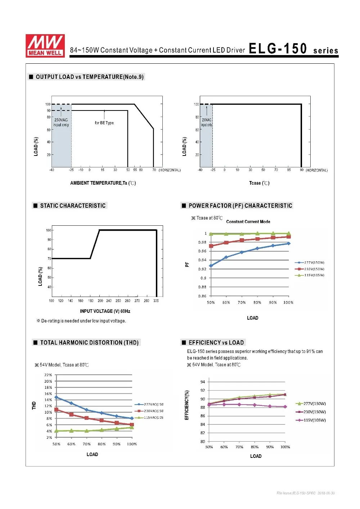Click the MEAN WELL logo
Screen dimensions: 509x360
(x=45, y=46)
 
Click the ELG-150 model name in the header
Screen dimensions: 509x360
(x=278, y=49)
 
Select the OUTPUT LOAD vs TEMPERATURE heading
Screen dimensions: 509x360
(x=89, y=77)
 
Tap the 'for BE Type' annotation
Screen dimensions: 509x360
(x=104, y=123)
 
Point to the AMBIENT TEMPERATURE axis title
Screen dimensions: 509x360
(x=103, y=183)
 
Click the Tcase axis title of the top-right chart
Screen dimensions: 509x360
(x=259, y=183)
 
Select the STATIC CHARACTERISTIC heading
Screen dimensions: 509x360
(x=73, y=206)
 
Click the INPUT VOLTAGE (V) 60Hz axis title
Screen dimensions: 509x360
(x=105, y=311)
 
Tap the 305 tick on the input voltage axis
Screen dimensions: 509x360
(x=156, y=301)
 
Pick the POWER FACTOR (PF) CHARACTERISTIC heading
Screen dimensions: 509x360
(x=240, y=206)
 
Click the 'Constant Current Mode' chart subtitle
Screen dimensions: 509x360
(x=248, y=222)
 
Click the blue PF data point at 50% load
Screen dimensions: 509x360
(x=211, y=266)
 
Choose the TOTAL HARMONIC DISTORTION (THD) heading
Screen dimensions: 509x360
(x=89, y=342)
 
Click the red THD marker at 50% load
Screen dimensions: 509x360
(x=56, y=410)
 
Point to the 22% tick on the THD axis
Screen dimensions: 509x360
(x=48, y=375)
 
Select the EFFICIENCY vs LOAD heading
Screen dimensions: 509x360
(x=216, y=342)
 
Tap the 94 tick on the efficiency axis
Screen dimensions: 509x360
(x=203, y=382)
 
